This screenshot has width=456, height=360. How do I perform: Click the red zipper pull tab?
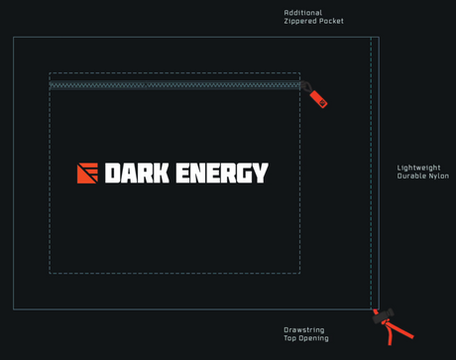pos(318,98)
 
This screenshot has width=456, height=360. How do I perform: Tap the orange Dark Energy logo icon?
pos(87,174)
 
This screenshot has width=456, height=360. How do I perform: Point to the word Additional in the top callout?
pos(302,13)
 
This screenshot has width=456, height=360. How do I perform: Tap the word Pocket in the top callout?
pos(331,21)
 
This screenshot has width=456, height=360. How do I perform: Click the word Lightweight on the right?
pos(418,168)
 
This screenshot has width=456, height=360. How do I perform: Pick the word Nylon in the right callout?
pos(438,176)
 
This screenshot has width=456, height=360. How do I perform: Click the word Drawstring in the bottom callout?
pos(303,330)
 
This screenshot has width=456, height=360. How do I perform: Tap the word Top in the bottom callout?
pos(289,338)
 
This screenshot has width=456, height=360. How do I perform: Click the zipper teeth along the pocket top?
pos(173,85)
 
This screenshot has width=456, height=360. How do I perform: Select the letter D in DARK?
pos(112,174)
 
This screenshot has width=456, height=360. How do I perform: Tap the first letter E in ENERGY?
pos(183,174)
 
